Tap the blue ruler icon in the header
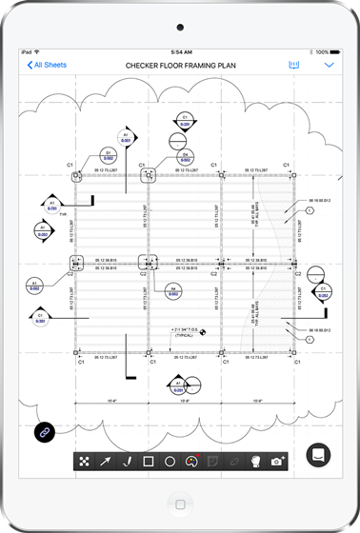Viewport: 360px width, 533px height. pyautogui.click(x=293, y=66)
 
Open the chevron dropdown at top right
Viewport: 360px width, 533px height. pyautogui.click(x=330, y=66)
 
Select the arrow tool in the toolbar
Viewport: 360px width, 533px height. pyautogui.click(x=105, y=462)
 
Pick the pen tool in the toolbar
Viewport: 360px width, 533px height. pyautogui.click(x=126, y=462)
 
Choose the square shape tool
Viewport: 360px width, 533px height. pyautogui.click(x=148, y=462)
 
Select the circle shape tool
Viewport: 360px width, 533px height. pyautogui.click(x=170, y=462)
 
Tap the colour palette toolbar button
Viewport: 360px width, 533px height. pyautogui.click(x=191, y=462)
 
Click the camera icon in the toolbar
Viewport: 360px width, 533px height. pyautogui.click(x=277, y=462)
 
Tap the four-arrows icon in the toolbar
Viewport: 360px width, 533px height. pyautogui.click(x=84, y=462)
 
